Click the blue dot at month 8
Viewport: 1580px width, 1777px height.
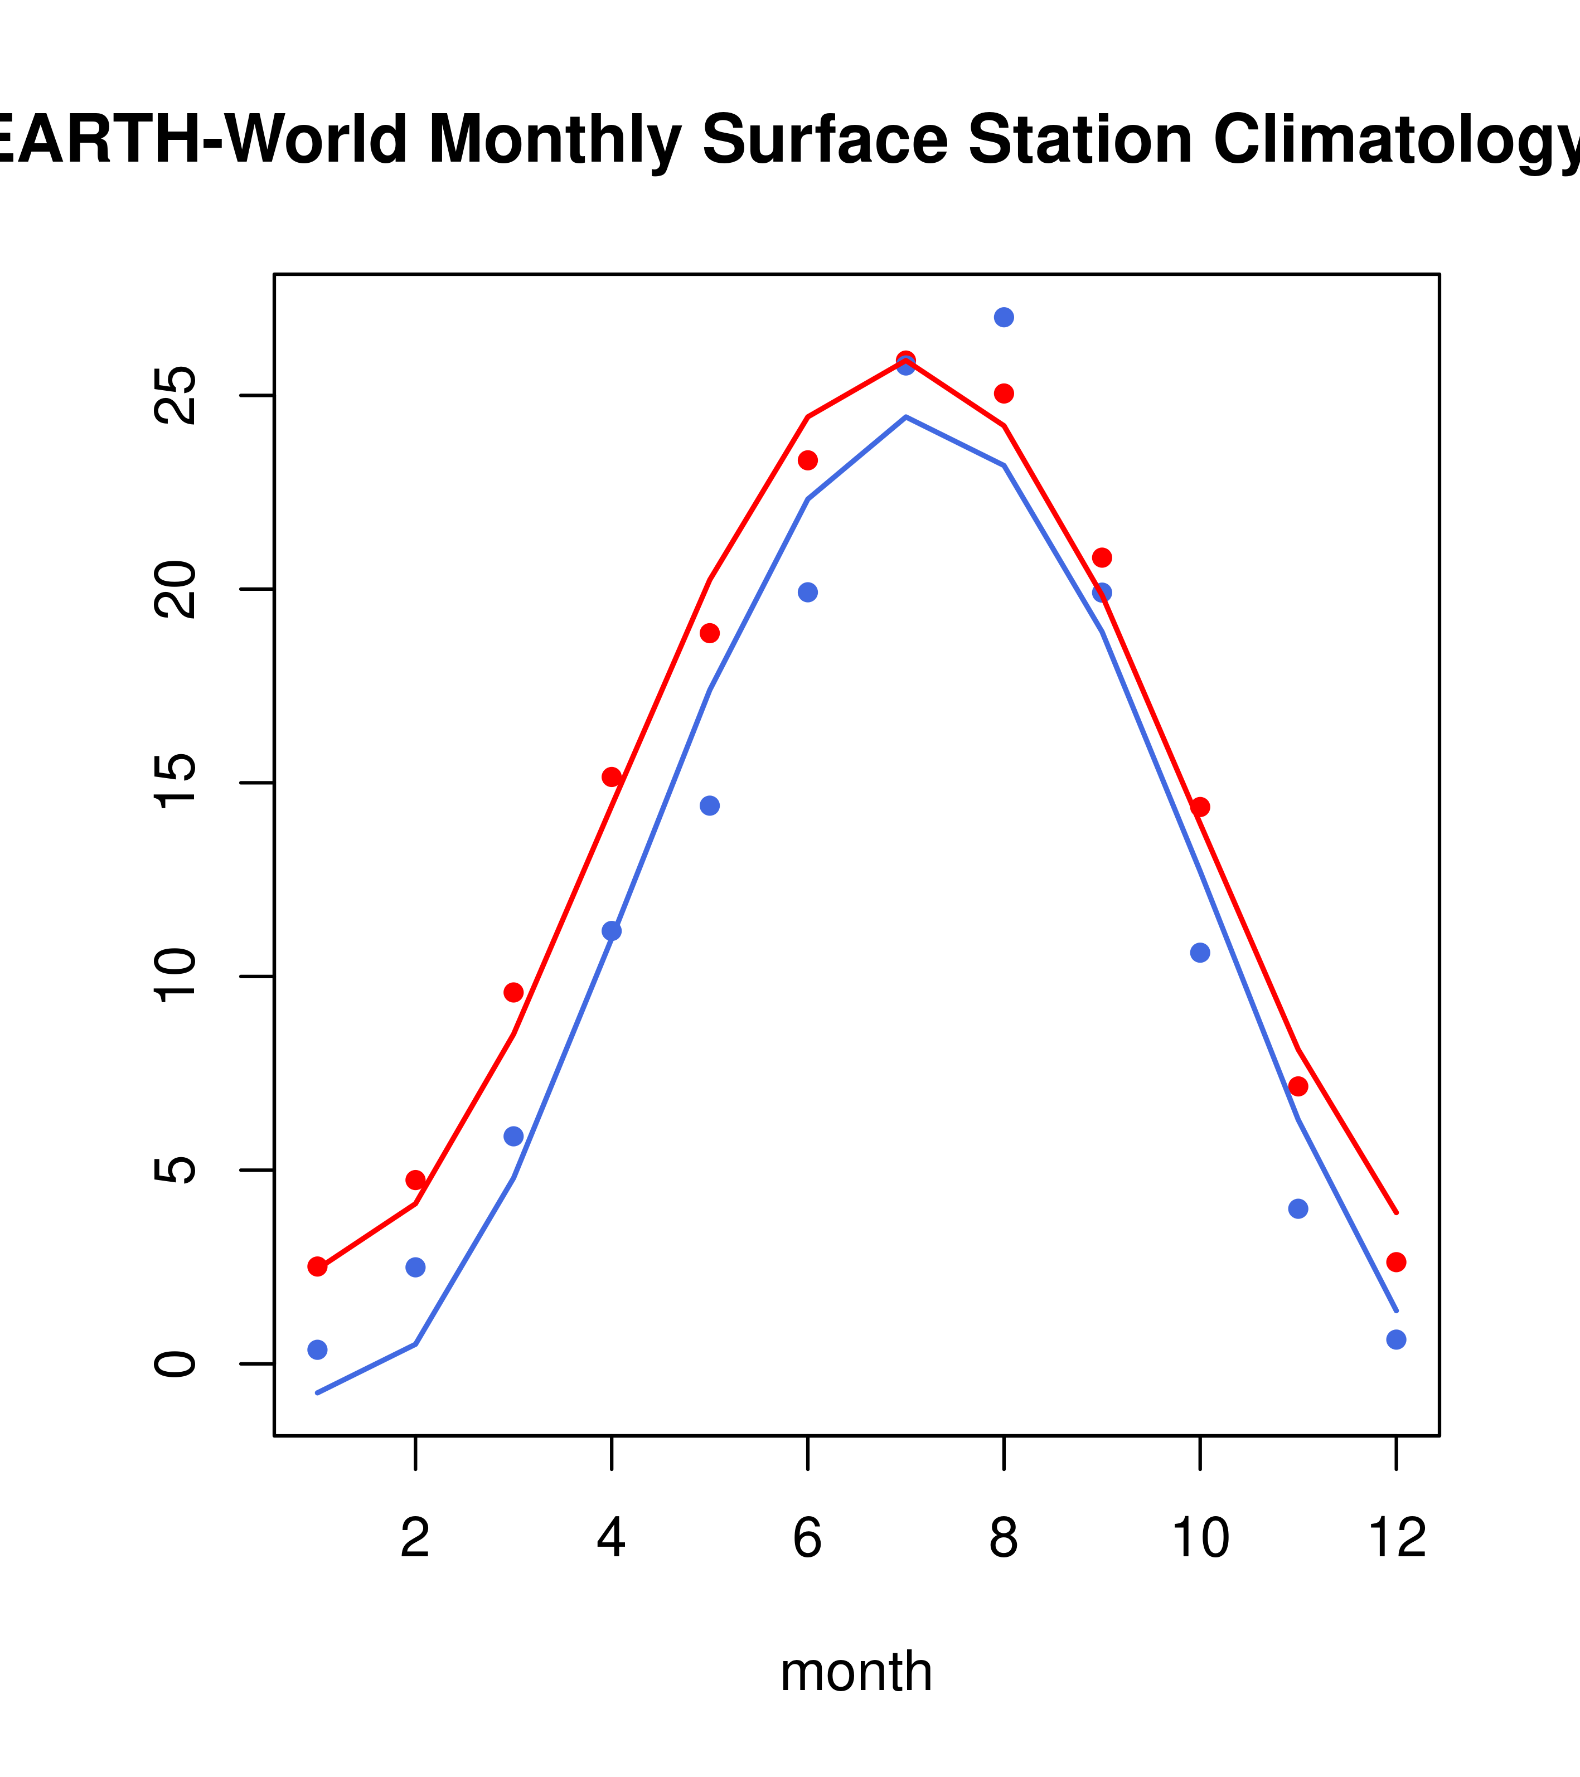click(1004, 317)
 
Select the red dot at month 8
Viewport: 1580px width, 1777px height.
click(1004, 394)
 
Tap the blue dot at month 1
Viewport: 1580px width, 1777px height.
click(317, 1349)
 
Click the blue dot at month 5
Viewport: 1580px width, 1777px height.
click(710, 806)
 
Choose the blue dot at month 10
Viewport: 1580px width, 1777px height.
click(1200, 953)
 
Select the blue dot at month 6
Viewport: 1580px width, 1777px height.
click(808, 592)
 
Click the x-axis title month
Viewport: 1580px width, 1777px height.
click(856, 1671)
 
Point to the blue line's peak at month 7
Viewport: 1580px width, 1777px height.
click(906, 417)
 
